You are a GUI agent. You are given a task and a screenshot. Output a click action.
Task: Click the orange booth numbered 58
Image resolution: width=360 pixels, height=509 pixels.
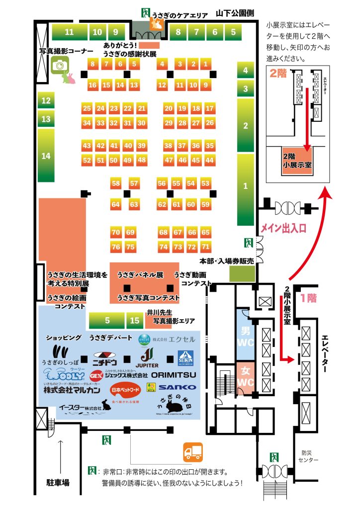tap(116, 184)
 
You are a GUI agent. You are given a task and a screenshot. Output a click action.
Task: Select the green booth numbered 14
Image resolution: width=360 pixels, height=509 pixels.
tap(46, 156)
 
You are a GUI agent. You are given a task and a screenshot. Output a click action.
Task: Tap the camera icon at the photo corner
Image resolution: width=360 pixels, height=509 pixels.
tap(59, 65)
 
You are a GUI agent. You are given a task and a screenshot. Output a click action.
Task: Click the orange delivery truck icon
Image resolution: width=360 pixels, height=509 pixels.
tap(193, 451)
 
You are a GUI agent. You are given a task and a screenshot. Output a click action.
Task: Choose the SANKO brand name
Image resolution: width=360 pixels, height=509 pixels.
tap(178, 387)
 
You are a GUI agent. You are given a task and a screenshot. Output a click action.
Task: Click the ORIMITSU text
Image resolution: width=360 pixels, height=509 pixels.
tap(174, 374)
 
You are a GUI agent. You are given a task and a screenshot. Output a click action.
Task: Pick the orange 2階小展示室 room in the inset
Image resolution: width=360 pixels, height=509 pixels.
tap(297, 163)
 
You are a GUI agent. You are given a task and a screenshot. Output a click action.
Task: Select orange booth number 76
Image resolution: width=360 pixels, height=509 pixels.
tap(116, 247)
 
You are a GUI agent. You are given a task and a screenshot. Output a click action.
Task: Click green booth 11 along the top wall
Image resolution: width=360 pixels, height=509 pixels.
tap(69, 32)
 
